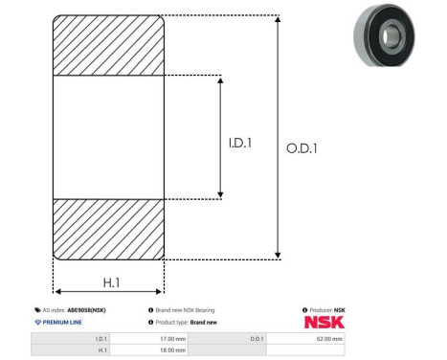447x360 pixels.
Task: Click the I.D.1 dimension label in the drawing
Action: (x=240, y=143)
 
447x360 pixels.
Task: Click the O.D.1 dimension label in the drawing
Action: (x=302, y=148)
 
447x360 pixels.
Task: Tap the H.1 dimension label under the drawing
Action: (x=111, y=282)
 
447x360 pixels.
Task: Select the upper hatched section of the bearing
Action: (x=108, y=45)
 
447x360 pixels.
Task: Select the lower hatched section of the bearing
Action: (x=108, y=230)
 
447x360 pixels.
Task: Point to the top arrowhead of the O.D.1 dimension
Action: (x=278, y=19)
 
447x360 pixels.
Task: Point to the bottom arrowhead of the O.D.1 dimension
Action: (x=278, y=256)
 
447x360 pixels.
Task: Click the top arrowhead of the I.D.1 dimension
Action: (x=220, y=80)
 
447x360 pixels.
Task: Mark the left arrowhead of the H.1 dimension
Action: (x=58, y=291)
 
